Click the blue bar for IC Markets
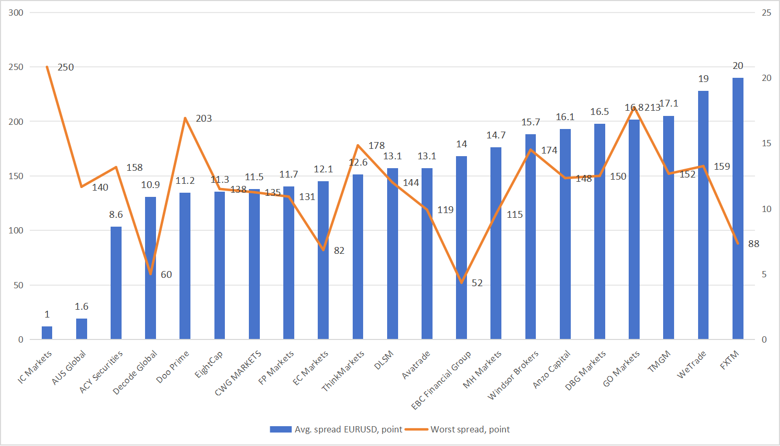(x=47, y=333)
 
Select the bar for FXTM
(x=738, y=209)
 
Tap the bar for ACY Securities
(x=116, y=283)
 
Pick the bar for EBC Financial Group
(x=461, y=248)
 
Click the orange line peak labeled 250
(x=47, y=67)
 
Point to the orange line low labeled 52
(x=461, y=283)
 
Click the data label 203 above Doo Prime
(x=203, y=119)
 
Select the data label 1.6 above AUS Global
(x=81, y=307)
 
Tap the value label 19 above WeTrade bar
(x=703, y=79)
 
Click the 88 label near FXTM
(x=753, y=244)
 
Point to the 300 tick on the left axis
(x=16, y=13)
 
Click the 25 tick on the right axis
(x=766, y=13)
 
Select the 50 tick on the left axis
(x=18, y=285)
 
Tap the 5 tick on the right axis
(x=764, y=274)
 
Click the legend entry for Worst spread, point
(x=470, y=429)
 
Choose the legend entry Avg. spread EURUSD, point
(x=348, y=429)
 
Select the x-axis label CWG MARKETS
(x=238, y=373)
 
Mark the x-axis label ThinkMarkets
(x=343, y=371)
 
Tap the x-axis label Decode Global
(x=135, y=372)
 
